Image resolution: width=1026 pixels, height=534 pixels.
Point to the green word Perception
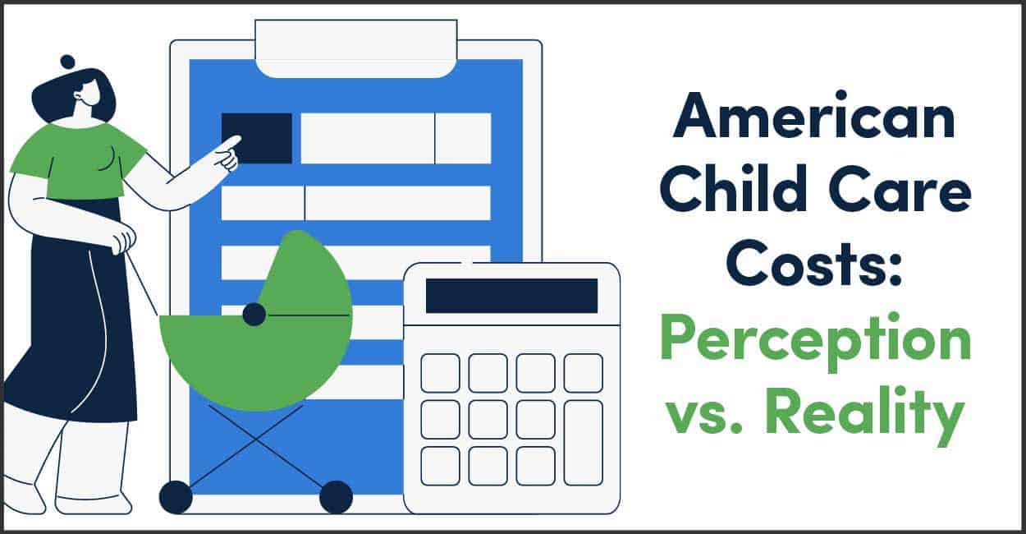coord(814,343)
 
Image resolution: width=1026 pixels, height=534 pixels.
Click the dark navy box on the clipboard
coord(256,138)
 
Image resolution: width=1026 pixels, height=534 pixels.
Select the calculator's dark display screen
coord(511,296)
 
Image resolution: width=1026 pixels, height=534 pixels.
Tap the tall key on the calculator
coord(584,442)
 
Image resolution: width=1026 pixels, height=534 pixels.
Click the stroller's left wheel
coord(175,497)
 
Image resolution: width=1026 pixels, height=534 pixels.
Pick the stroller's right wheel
coord(336,497)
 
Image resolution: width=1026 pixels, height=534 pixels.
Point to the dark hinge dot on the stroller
coord(254,314)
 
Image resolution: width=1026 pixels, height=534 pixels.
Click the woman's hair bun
coord(67,62)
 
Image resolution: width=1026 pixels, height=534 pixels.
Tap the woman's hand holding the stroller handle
coord(121,240)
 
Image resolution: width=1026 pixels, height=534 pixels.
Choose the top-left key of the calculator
coord(440,373)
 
